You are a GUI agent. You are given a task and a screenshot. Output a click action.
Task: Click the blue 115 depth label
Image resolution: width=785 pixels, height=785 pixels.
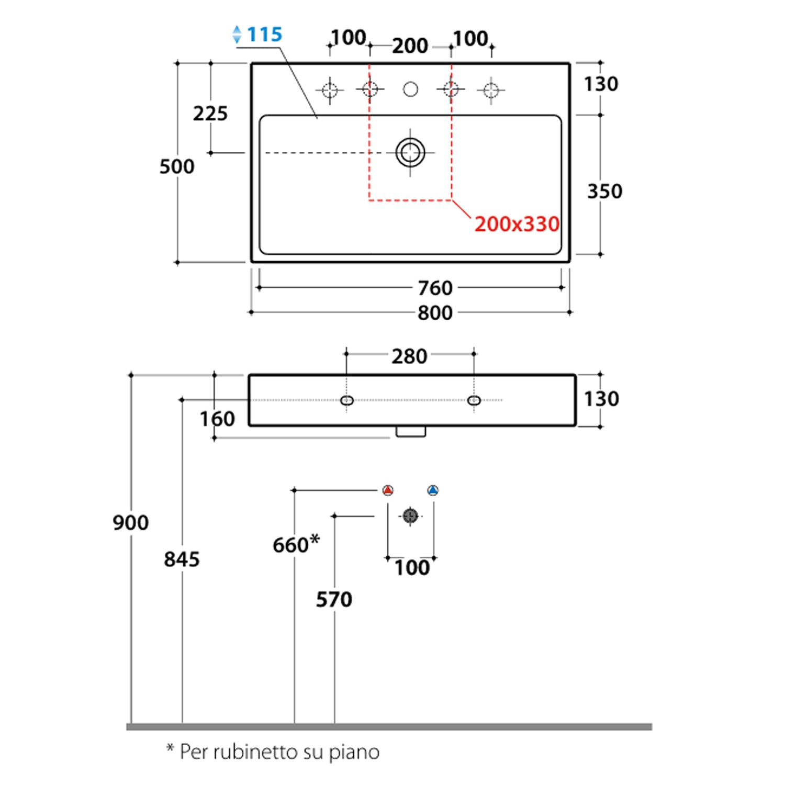tap(264, 35)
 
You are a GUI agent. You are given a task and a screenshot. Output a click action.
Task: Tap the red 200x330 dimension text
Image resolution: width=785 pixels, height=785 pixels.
tap(517, 224)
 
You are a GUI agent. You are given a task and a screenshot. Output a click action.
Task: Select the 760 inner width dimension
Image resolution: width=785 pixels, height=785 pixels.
tap(435, 288)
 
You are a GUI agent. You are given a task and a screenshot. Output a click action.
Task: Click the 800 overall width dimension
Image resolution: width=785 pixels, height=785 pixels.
tap(435, 313)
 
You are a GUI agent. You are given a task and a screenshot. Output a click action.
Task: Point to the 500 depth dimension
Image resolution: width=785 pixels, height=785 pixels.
tap(177, 166)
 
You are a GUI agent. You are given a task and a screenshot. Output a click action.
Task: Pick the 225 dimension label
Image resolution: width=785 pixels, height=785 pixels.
tap(210, 114)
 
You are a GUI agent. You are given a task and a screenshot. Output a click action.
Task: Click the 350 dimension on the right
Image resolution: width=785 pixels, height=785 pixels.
tap(604, 192)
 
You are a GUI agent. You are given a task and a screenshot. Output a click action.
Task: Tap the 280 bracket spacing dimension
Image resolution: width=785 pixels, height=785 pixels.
tap(409, 356)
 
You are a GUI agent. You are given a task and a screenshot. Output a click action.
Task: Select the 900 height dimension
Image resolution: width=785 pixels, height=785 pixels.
tap(131, 522)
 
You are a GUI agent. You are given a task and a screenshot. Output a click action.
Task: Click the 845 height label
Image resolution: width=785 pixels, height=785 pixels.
tap(182, 559)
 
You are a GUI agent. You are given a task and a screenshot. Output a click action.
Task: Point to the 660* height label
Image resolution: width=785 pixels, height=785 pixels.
tap(296, 544)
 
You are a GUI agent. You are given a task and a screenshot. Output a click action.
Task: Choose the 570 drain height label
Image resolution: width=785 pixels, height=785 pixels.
tap(334, 600)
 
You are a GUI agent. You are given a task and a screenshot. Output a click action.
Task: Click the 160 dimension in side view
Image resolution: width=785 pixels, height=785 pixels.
tap(217, 419)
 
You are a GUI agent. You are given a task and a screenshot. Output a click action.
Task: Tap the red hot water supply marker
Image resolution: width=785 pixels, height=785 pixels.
tap(388, 490)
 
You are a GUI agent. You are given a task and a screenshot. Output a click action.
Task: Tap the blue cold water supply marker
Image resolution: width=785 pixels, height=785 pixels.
tap(433, 490)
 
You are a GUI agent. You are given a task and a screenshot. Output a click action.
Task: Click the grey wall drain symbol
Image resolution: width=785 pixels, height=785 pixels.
tap(410, 516)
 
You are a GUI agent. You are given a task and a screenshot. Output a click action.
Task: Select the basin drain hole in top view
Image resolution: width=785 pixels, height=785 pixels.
tap(410, 153)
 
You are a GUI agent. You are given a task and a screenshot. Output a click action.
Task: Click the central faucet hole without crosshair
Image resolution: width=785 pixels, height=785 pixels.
tap(410, 89)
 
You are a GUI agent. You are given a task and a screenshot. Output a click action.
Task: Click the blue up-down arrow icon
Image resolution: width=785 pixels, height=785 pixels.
tap(237, 35)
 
